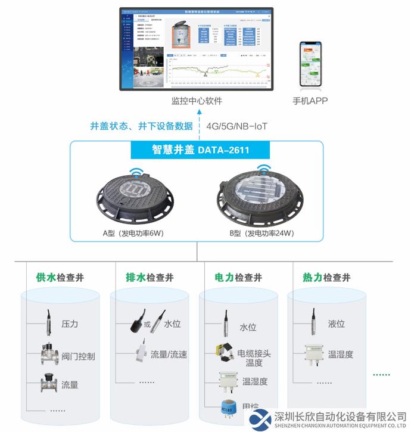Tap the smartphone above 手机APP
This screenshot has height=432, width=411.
point(310,65)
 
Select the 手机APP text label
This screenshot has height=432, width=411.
point(310,101)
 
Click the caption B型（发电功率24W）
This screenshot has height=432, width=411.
point(261,233)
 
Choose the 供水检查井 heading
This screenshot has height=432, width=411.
point(60,278)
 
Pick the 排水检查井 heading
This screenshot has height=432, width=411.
point(150,278)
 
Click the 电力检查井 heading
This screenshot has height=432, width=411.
point(238,278)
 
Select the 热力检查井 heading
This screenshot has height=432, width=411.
point(326,278)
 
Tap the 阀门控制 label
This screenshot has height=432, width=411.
point(78,356)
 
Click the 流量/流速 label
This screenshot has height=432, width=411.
point(169,355)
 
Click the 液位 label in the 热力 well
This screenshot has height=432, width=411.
point(337,324)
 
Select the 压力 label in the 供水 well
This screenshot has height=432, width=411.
point(70,324)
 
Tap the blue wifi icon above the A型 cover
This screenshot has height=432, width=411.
point(135,173)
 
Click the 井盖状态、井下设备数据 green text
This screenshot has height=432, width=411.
point(141,126)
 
